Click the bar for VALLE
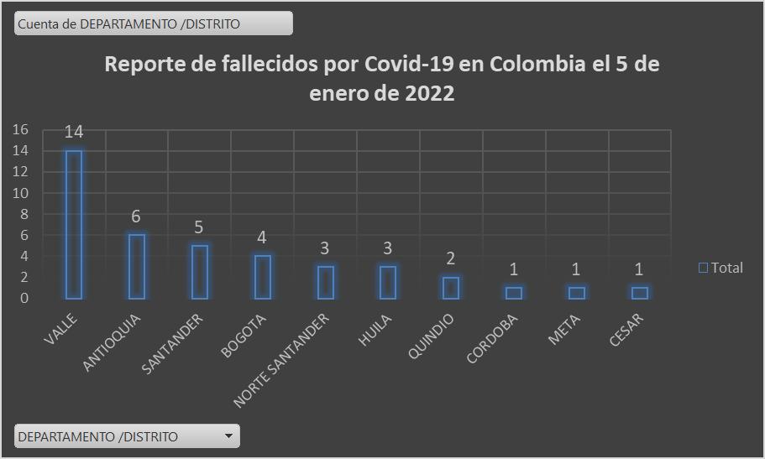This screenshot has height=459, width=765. coord(74,224)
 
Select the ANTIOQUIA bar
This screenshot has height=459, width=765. coord(136,266)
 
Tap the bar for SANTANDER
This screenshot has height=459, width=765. coord(199,272)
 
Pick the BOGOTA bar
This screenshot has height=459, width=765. coord(262,277)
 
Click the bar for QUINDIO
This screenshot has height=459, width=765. coord(451,288)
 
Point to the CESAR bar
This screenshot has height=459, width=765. coord(640,293)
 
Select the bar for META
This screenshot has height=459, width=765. coord(576,293)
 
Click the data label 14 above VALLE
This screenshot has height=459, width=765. coord(74,132)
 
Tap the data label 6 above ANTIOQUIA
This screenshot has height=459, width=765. coord(136,216)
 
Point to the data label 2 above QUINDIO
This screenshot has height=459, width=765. coord(451,258)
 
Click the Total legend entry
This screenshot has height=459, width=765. coord(721,268)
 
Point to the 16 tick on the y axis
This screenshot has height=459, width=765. coord(20,129)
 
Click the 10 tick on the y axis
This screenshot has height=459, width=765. coord(20,193)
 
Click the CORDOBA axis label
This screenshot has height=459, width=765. coord(494,338)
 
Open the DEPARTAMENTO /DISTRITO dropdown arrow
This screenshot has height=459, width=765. coord(228,436)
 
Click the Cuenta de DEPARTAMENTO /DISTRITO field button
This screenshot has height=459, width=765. coord(154,23)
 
